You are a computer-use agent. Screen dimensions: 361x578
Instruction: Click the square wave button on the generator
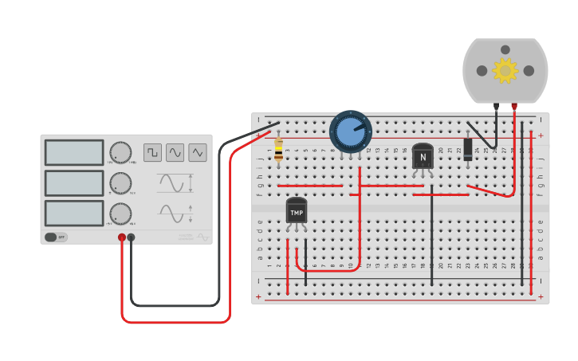click(152, 152)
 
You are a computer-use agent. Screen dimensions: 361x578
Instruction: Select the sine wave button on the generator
click(175, 152)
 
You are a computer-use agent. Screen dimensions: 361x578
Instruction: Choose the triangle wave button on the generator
click(197, 152)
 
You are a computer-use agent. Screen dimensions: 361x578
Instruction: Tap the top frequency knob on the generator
click(120, 152)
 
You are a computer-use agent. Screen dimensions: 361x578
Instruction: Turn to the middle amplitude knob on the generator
click(120, 183)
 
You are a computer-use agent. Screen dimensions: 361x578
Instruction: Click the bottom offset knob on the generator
click(120, 214)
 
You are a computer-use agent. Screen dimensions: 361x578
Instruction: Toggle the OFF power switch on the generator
click(55, 237)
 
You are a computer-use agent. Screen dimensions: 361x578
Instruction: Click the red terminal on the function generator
click(122, 237)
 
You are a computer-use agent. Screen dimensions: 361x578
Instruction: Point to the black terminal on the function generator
click(131, 237)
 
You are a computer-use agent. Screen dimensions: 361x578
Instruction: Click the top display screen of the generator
click(74, 152)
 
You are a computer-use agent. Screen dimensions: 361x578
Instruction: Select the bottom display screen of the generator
click(74, 214)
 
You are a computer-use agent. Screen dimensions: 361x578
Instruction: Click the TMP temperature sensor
click(297, 211)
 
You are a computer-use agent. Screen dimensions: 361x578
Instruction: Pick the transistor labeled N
click(423, 156)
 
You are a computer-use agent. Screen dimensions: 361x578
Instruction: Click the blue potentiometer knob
click(351, 131)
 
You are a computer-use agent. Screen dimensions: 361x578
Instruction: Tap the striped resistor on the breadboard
click(278, 148)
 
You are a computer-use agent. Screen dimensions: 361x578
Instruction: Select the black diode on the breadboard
click(468, 147)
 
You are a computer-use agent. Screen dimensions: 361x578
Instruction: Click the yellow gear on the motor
click(505, 70)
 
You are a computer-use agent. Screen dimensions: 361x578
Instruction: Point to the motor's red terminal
click(514, 106)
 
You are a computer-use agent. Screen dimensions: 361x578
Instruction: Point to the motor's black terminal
click(496, 106)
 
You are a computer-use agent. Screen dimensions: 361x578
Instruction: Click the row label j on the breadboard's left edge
click(260, 159)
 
